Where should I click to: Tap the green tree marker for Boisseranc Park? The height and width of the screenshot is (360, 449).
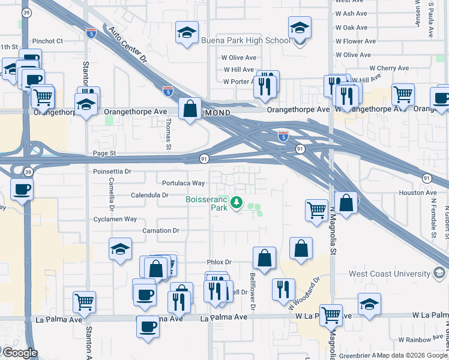pyautogui.click(x=238, y=203)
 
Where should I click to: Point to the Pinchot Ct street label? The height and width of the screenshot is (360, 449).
pyautogui.click(x=49, y=41)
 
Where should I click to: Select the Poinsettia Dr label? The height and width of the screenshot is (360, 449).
pyautogui.click(x=112, y=172)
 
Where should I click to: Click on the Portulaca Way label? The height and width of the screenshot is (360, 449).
pyautogui.click(x=184, y=183)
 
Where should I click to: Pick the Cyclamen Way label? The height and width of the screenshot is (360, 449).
pyautogui.click(x=115, y=220)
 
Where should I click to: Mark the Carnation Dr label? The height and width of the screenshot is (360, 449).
pyautogui.click(x=161, y=230)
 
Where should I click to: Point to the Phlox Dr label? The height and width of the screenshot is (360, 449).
pyautogui.click(x=219, y=262)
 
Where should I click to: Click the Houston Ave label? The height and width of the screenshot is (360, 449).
pyautogui.click(x=418, y=193)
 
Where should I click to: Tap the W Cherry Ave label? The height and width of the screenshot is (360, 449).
pyautogui.click(x=390, y=68)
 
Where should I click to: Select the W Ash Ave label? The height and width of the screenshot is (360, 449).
pyautogui.click(x=351, y=13)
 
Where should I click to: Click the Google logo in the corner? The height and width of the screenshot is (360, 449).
pyautogui.click(x=19, y=353)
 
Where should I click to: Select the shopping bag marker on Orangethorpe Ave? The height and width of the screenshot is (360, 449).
pyautogui.click(x=190, y=109)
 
